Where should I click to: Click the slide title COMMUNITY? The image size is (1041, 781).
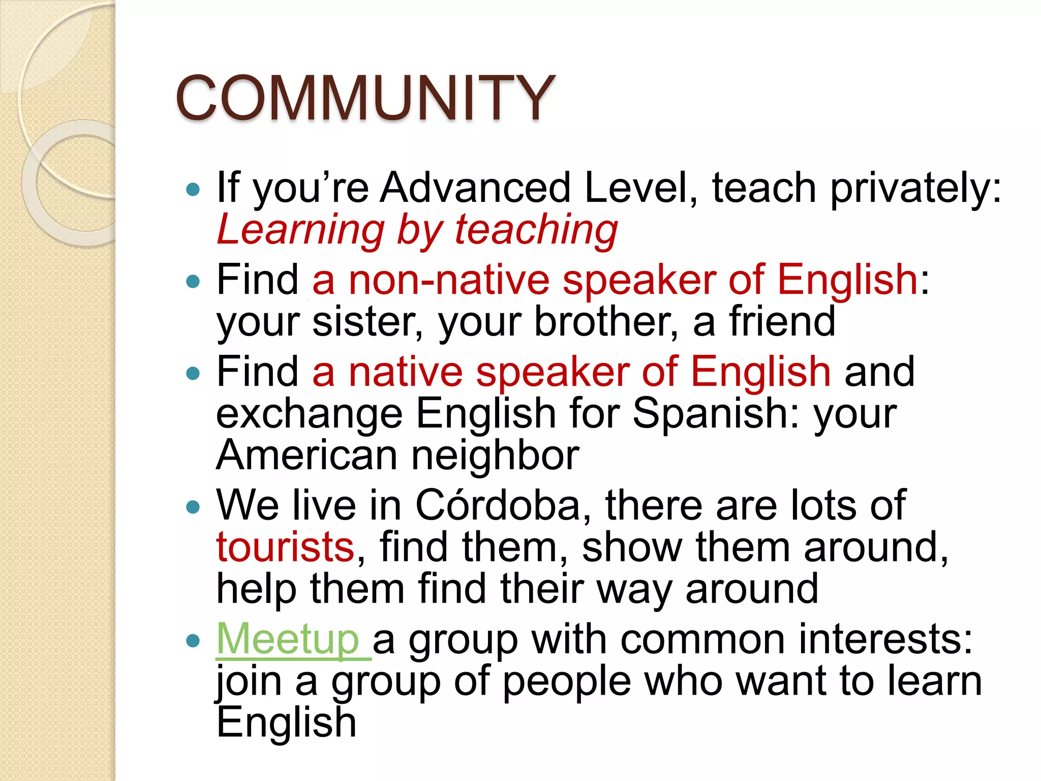click(365, 98)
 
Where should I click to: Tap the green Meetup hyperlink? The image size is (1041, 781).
click(288, 640)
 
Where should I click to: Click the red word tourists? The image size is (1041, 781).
click(285, 547)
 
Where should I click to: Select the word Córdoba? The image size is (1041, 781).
click(498, 505)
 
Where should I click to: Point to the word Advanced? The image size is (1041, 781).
click(476, 188)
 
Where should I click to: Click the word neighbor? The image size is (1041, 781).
click(495, 455)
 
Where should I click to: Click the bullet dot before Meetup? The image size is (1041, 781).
click(193, 640)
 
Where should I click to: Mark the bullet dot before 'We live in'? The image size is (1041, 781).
click(193, 507)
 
